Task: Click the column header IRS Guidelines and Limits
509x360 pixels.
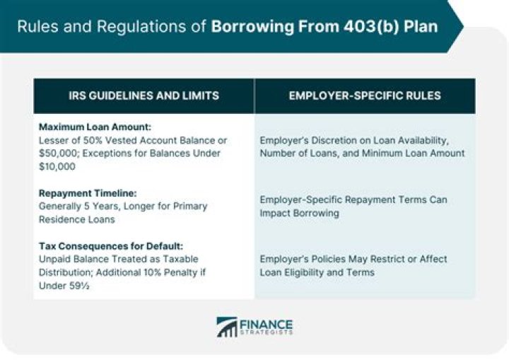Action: pos(144,95)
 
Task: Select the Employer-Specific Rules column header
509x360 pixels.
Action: pos(365,95)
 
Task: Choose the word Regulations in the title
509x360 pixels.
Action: pos(154,28)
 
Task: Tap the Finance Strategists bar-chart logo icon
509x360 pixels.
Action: pos(227,327)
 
